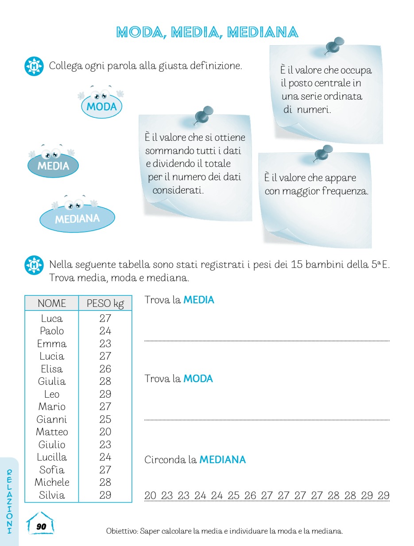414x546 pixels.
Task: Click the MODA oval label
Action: pos(101,107)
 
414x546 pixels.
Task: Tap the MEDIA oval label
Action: pos(53,166)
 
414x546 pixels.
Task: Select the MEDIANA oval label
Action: pos(77,219)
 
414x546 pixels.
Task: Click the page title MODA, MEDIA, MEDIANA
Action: pos(207,32)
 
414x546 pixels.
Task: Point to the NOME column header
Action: pos(52,303)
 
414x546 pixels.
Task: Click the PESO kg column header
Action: pos(105,303)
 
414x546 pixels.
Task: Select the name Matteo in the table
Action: pos(52,432)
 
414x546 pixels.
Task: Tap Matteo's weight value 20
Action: pos(105,432)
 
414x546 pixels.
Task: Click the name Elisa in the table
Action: pos(52,369)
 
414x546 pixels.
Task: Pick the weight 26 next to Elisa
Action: pos(105,369)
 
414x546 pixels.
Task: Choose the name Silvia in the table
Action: pos(52,495)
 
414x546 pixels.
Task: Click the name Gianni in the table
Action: pos(52,419)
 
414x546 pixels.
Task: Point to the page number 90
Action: pos(41,527)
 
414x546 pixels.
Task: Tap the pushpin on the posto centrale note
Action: pos(335,46)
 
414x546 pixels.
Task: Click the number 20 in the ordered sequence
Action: pos(151,496)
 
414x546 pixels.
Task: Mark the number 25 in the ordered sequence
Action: pos(233,496)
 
